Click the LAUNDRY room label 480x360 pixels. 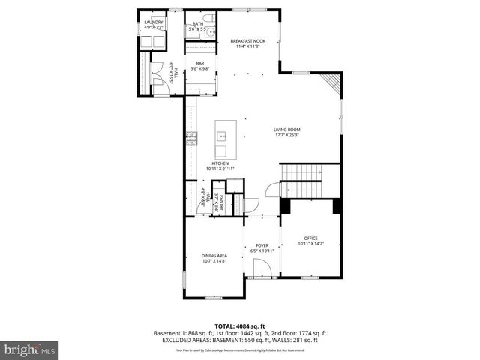point(153,22)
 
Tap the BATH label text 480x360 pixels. point(198,23)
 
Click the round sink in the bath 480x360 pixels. point(211,31)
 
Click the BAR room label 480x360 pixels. point(200,63)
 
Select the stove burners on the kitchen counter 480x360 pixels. point(191,138)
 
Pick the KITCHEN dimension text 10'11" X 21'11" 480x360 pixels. point(220,169)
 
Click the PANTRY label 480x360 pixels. point(222,202)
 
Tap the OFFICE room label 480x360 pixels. point(310,238)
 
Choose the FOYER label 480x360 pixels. point(262,245)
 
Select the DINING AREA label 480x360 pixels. point(214,256)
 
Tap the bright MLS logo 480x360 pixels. point(29,349)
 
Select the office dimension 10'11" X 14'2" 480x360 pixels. point(310,244)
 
